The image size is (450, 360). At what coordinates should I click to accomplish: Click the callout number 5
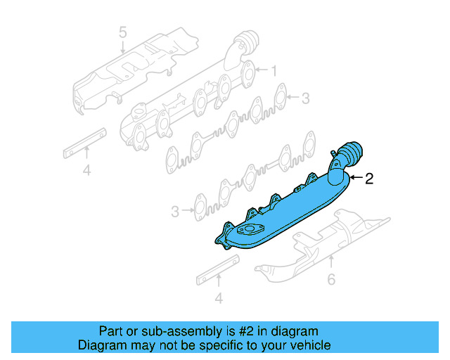tap(122, 32)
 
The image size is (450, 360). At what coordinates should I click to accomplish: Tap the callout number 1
tap(274, 70)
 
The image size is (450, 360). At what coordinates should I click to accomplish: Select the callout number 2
tap(369, 179)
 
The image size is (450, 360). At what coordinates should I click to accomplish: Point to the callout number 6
tap(331, 279)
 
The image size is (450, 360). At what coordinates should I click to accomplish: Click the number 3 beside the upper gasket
tap(305, 98)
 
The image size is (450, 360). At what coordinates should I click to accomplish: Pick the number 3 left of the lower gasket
tap(175, 210)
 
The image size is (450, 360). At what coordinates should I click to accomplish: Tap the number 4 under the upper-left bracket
tap(86, 170)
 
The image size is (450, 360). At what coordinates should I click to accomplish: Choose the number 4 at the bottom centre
tap(219, 299)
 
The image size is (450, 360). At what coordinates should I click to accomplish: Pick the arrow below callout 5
tap(122, 48)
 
